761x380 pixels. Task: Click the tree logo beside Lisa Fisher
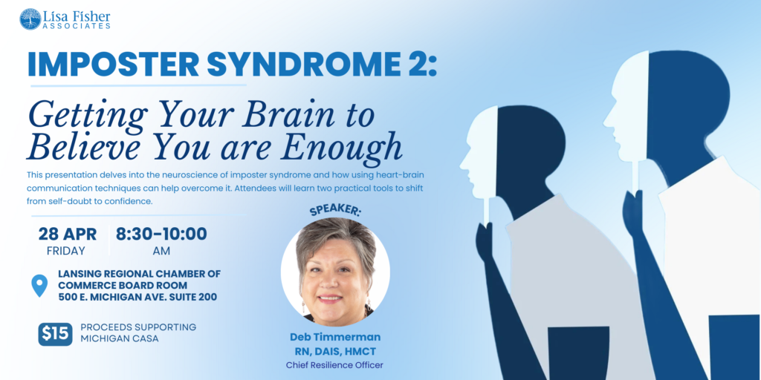30,19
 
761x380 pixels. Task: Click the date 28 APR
68,234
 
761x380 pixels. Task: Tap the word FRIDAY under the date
66,251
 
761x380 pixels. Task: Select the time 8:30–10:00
161,234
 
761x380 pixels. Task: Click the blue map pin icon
39,286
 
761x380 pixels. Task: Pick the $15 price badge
55,335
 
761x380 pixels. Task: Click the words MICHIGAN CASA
119,339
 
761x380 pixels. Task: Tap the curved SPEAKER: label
335,211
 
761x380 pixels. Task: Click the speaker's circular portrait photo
335,272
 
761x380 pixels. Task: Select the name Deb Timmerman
335,337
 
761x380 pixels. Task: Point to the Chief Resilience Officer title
335,365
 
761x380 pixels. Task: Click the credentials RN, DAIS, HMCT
335,351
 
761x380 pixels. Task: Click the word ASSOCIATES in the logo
79,26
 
